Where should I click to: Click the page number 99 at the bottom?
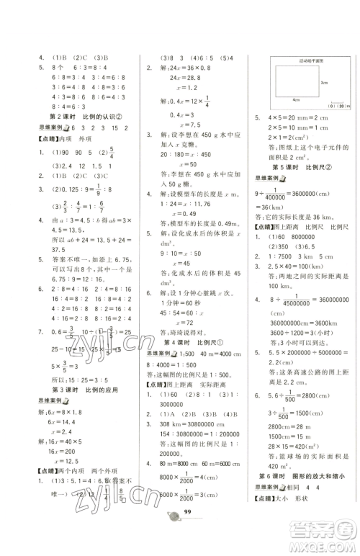point(186,532)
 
